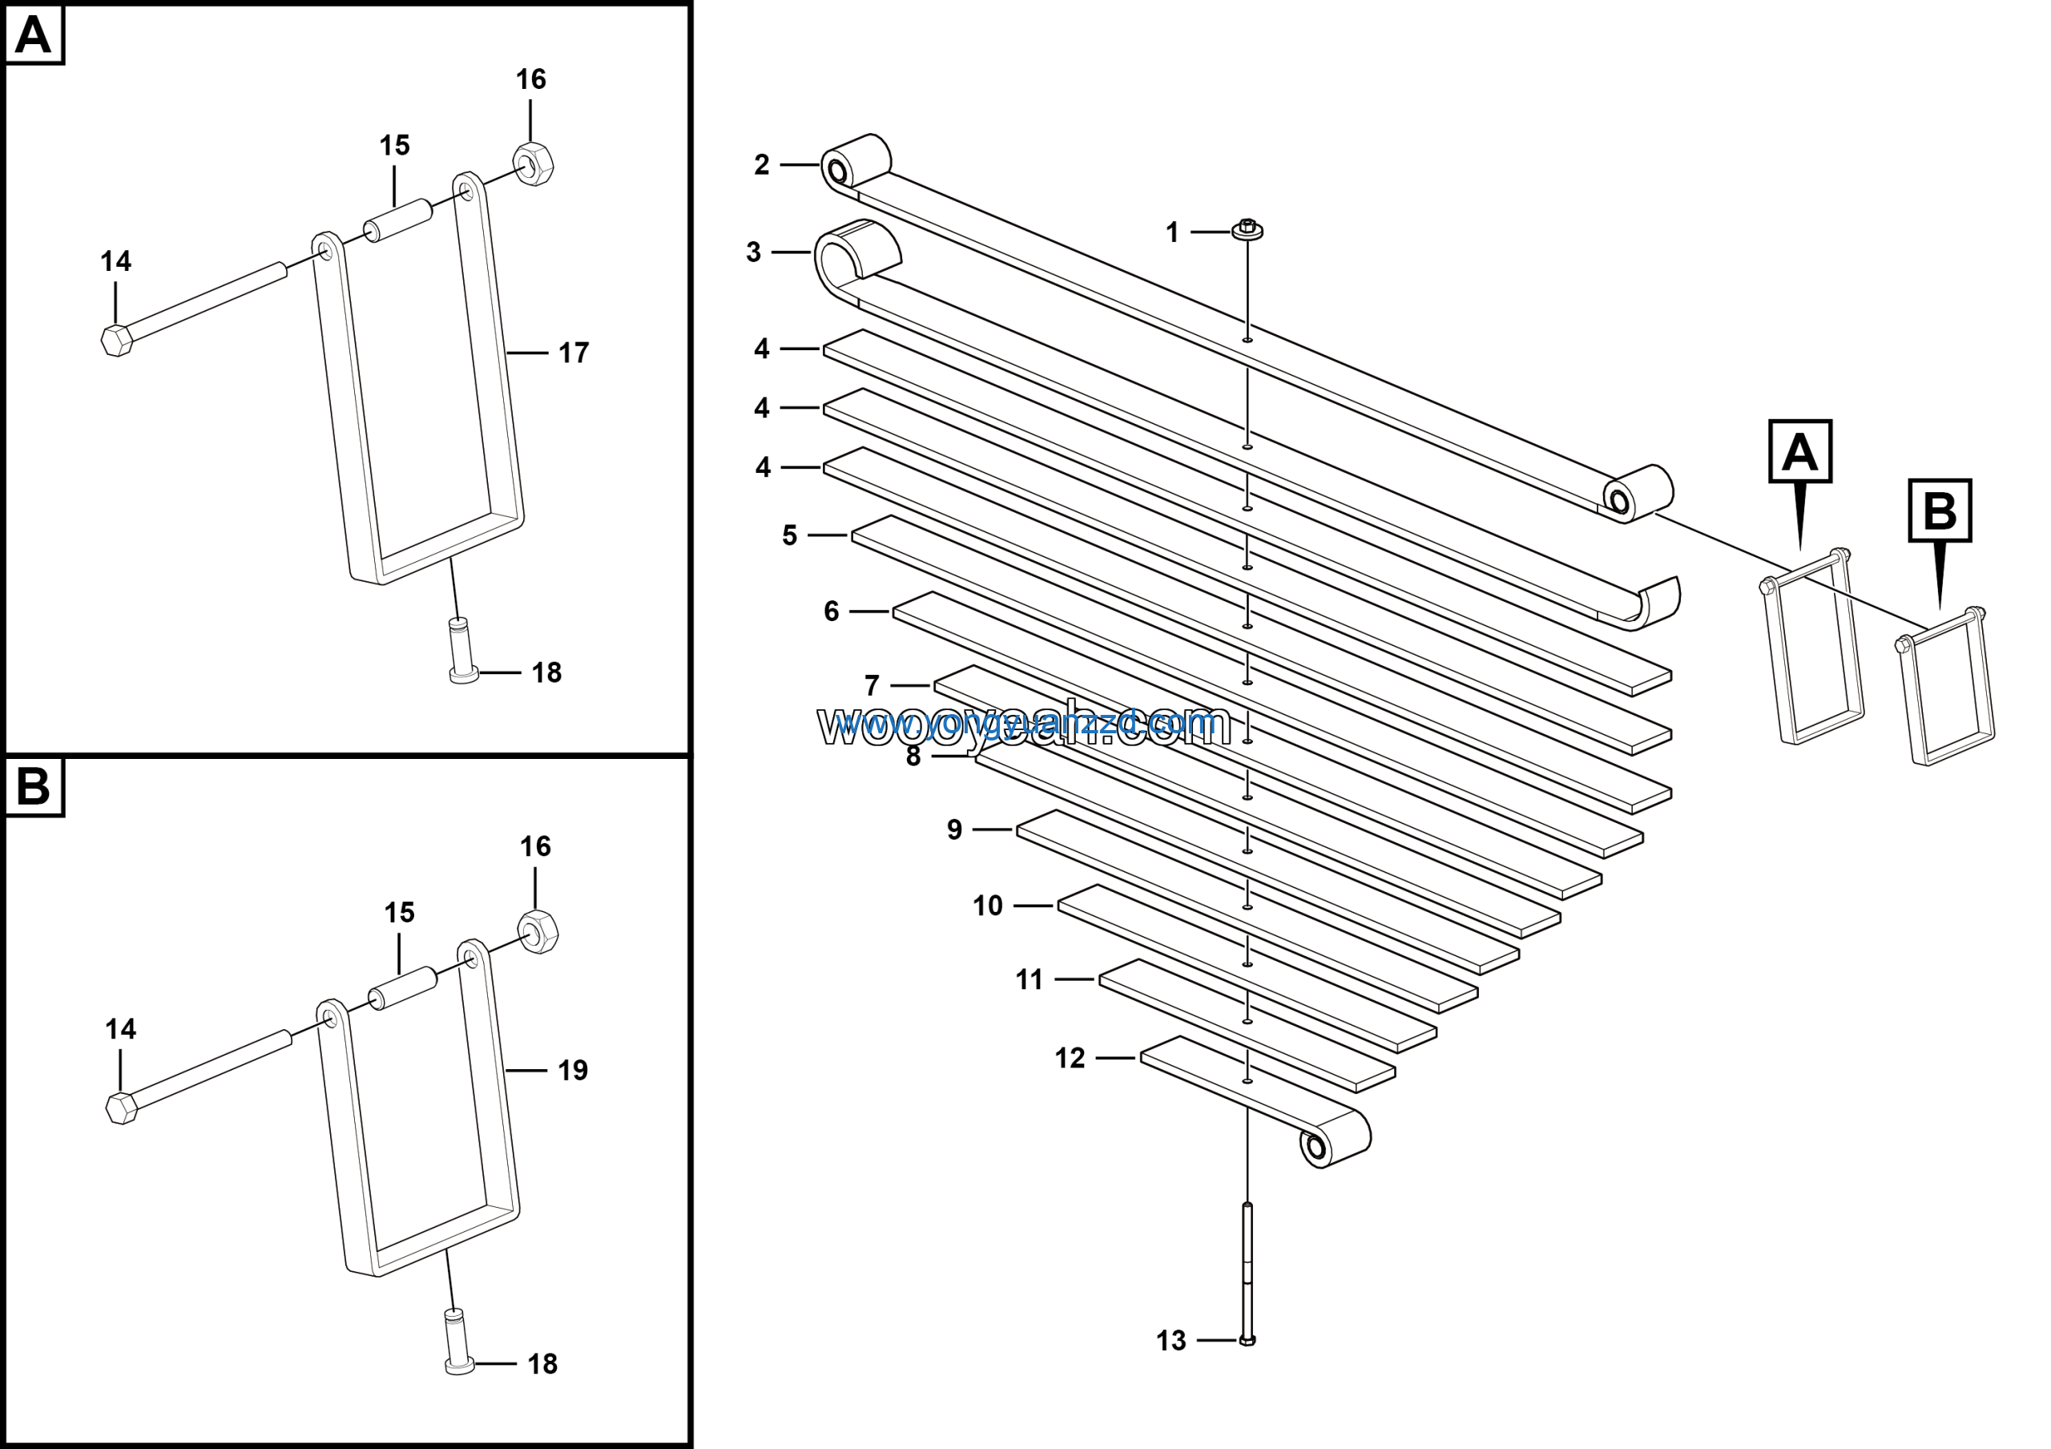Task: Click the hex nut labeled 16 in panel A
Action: click(534, 163)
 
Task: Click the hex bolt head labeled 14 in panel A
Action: click(117, 341)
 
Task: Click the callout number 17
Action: click(574, 353)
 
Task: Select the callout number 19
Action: click(573, 1070)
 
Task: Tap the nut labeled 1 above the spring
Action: click(1247, 229)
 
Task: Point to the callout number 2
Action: click(761, 164)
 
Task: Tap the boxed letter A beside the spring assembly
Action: click(1799, 452)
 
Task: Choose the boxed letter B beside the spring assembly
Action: click(1940, 511)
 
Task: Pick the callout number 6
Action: click(831, 611)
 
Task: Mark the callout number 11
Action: click(1029, 979)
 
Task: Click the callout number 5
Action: click(790, 535)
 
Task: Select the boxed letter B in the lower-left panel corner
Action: click(34, 787)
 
